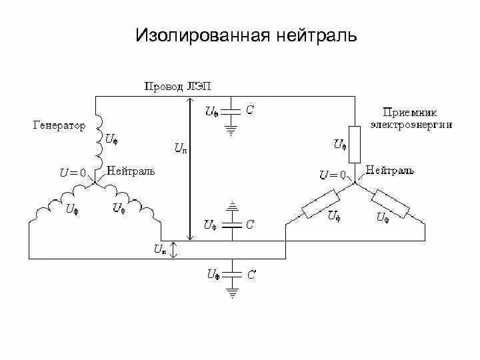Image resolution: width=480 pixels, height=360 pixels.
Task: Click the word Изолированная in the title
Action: (200, 35)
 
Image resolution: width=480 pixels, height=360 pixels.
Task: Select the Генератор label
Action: (59, 125)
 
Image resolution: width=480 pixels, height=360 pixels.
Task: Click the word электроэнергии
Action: (411, 124)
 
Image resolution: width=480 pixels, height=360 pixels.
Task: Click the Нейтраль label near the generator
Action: (131, 171)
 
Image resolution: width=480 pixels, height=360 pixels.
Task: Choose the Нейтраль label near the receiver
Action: (390, 171)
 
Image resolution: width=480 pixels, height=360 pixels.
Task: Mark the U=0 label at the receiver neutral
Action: (332, 175)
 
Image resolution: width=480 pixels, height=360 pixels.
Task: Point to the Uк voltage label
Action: (160, 249)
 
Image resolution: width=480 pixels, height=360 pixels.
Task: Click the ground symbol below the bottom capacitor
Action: (231, 291)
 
